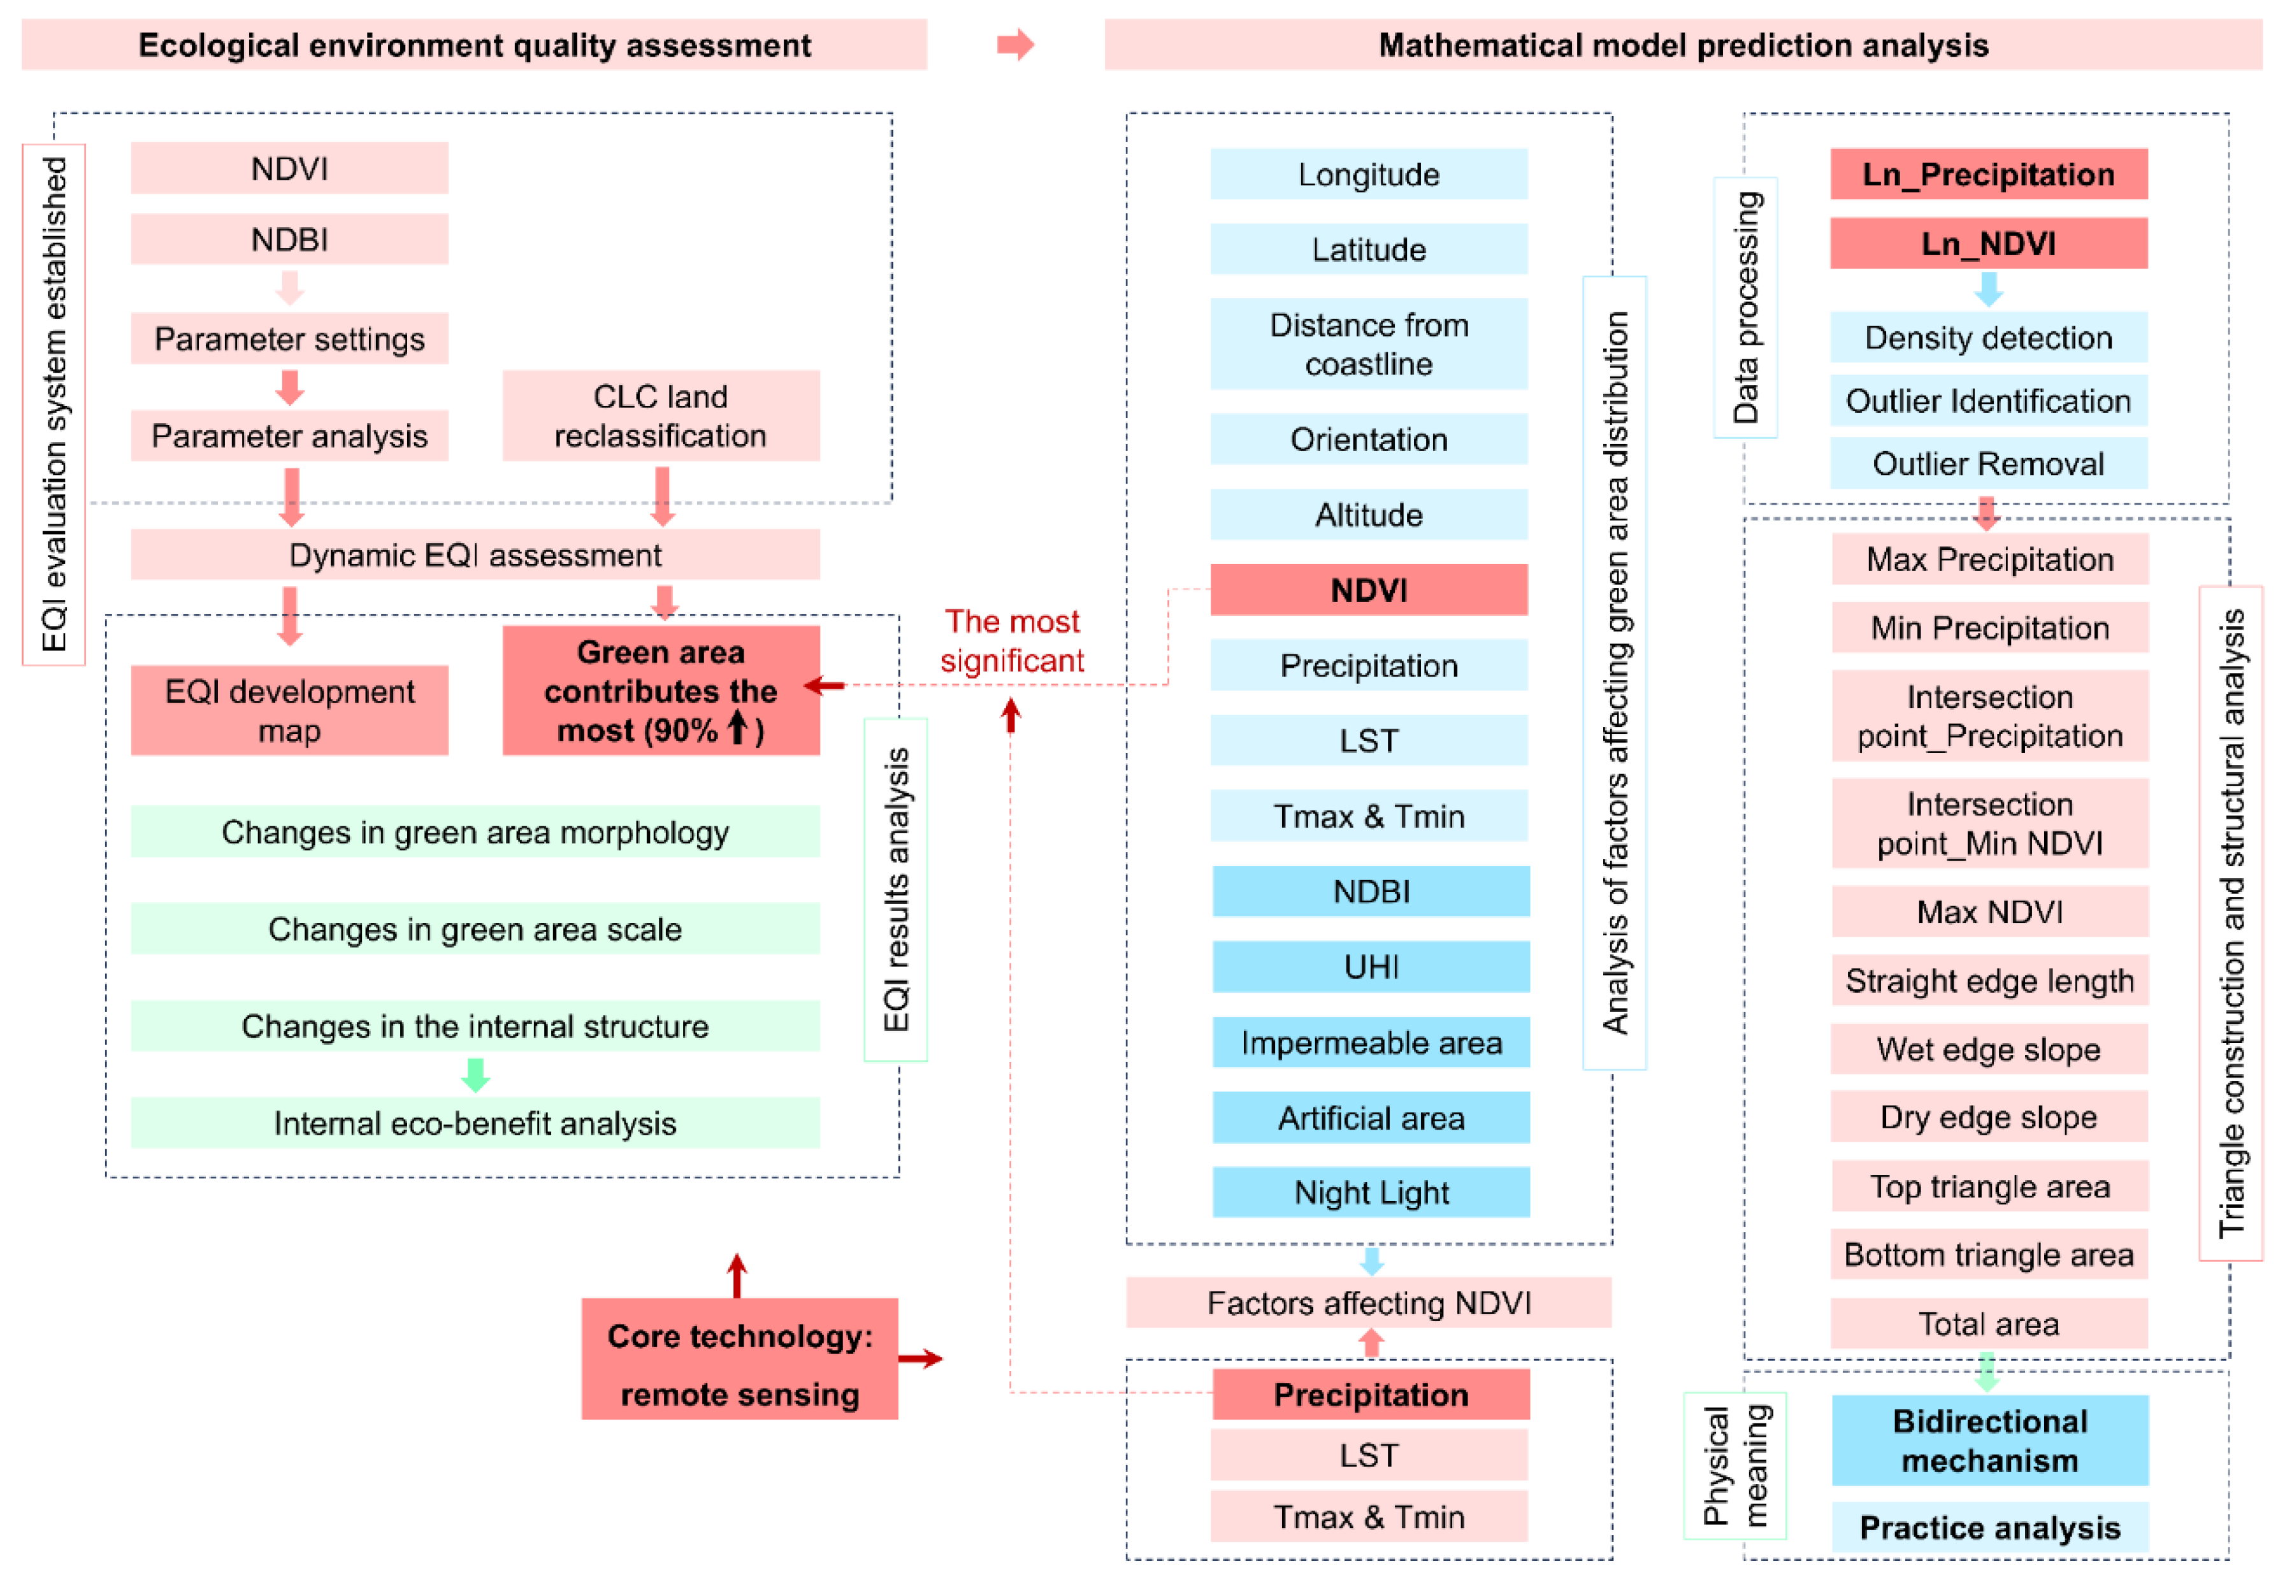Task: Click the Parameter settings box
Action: (x=289, y=338)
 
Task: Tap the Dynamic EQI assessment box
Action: (x=475, y=554)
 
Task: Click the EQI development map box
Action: (x=289, y=710)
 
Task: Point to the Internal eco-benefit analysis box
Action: (x=475, y=1123)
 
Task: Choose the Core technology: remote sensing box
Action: (x=739, y=1364)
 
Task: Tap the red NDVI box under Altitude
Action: (x=1369, y=590)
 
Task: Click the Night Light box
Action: (x=1371, y=1192)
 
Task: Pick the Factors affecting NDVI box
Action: (x=1369, y=1303)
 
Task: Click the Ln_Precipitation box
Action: (x=1988, y=174)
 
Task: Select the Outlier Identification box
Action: (x=1988, y=401)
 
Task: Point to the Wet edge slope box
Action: (x=1988, y=1049)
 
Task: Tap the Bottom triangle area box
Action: (x=1988, y=1255)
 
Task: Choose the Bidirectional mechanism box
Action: (x=1989, y=1441)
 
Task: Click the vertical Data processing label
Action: (x=1745, y=307)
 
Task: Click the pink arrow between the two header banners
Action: (x=1014, y=45)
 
